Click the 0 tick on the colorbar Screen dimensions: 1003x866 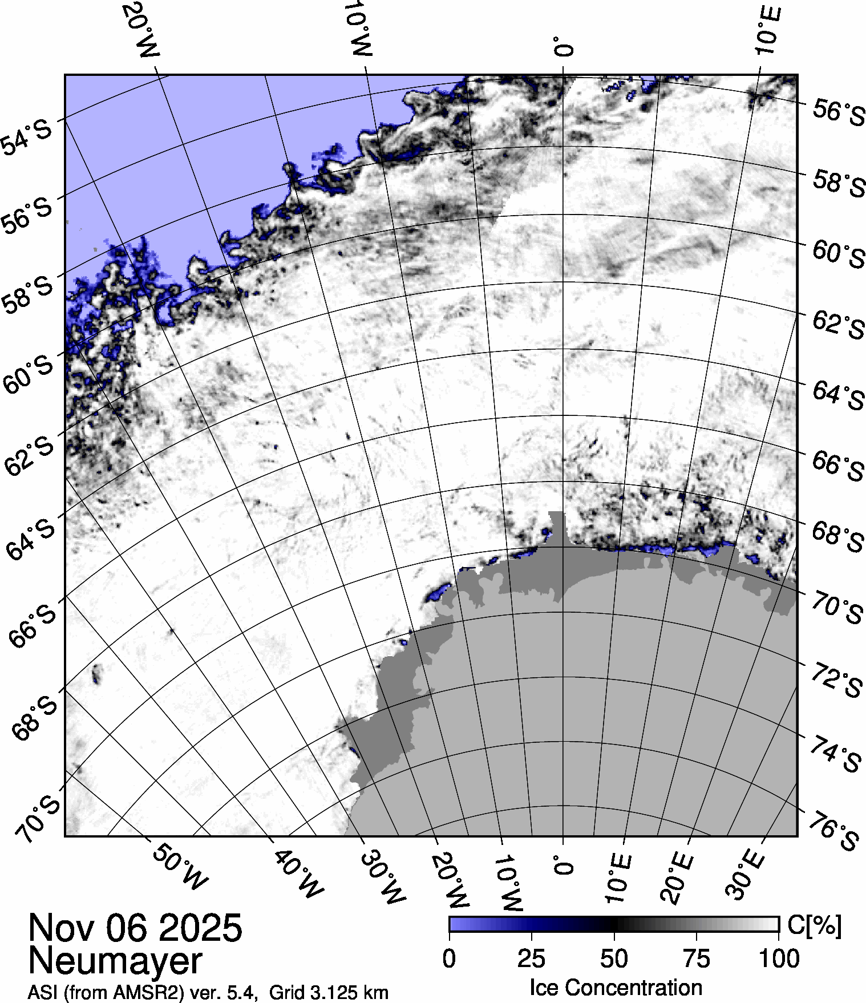coord(449,959)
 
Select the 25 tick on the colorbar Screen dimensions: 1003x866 coord(532,959)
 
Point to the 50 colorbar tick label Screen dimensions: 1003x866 coord(614,959)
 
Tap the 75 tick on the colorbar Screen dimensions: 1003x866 coord(697,959)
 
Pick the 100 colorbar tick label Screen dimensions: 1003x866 coord(779,959)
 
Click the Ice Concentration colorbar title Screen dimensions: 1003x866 coord(616,988)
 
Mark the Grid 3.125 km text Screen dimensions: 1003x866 coord(329,993)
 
